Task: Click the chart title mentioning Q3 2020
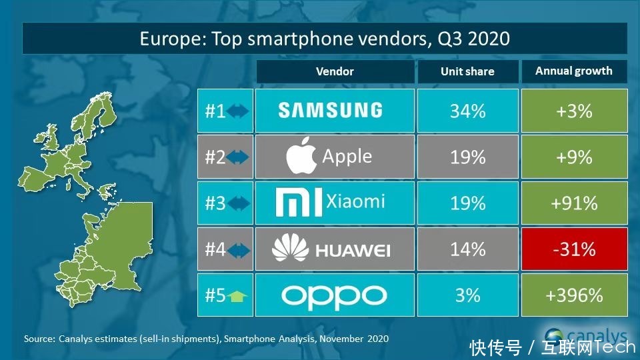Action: tap(325, 38)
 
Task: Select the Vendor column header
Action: tap(335, 71)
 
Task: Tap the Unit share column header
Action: tap(467, 71)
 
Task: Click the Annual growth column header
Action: tap(573, 71)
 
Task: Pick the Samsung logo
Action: tap(330, 111)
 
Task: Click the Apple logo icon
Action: tap(301, 158)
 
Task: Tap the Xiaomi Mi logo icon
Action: tap(299, 203)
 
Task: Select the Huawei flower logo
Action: tap(288, 249)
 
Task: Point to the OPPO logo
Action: tap(334, 295)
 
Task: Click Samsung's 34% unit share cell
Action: tap(467, 111)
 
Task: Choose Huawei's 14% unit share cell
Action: tap(467, 249)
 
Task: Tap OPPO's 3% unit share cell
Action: tap(467, 295)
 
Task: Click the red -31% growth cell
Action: tap(574, 249)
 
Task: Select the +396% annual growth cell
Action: tap(574, 295)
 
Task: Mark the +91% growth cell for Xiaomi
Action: tap(574, 203)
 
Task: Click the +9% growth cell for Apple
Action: tap(574, 157)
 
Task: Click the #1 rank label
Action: tap(215, 111)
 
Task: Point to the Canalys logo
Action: tap(587, 335)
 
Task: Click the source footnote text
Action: tap(206, 339)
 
